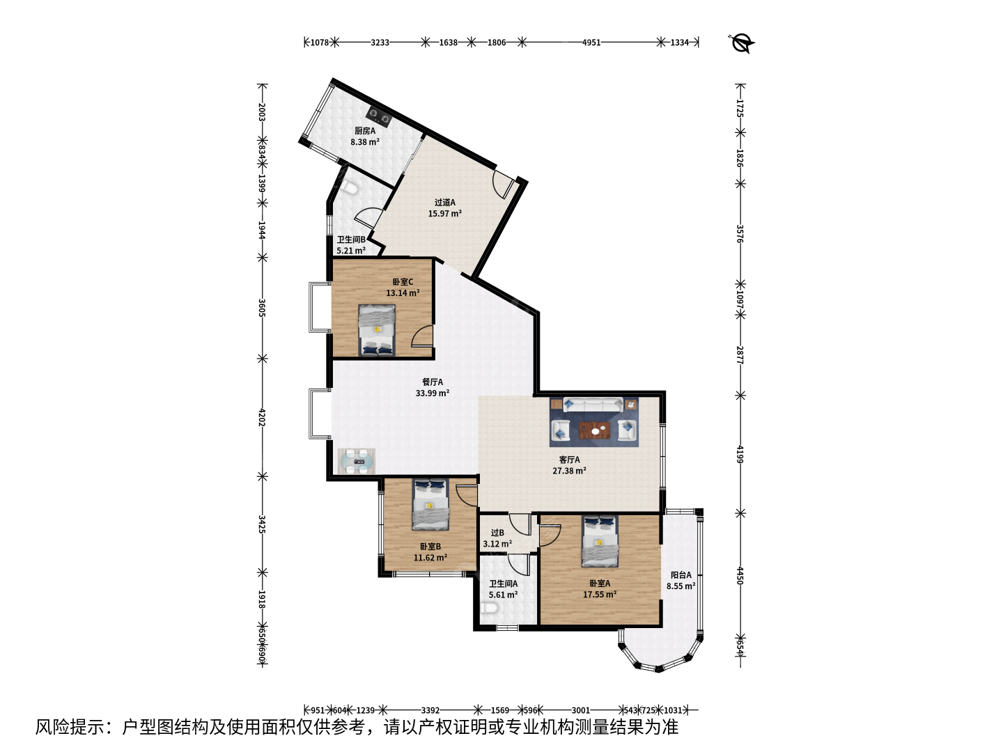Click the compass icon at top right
pos(740,43)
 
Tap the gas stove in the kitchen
pos(379,117)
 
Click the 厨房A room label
pos(365,131)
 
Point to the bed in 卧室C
pos(377,330)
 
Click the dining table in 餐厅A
pos(357,461)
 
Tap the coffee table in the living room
pos(594,430)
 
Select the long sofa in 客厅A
pos(593,405)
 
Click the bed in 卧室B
pos(430,504)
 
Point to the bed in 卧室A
pos(600,541)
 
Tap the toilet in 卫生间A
pos(489,608)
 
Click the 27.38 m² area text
pos(569,471)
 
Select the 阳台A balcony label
pos(681,575)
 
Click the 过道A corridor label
pos(444,202)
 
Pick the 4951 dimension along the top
pos(591,42)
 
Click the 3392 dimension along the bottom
pos(430,710)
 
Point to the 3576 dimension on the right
pos(740,233)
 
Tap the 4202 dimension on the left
pos(261,417)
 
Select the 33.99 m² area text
pos(433,393)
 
